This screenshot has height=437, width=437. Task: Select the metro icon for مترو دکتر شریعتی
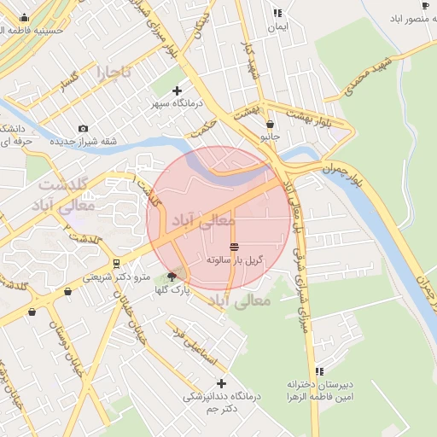(x=116, y=263)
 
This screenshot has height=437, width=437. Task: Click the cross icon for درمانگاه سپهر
(x=177, y=90)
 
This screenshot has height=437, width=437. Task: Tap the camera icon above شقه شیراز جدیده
(x=83, y=128)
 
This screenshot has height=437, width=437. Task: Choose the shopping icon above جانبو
(x=271, y=124)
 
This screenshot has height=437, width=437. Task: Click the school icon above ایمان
(x=277, y=13)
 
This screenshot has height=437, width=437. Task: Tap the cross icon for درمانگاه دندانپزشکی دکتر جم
(x=222, y=384)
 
